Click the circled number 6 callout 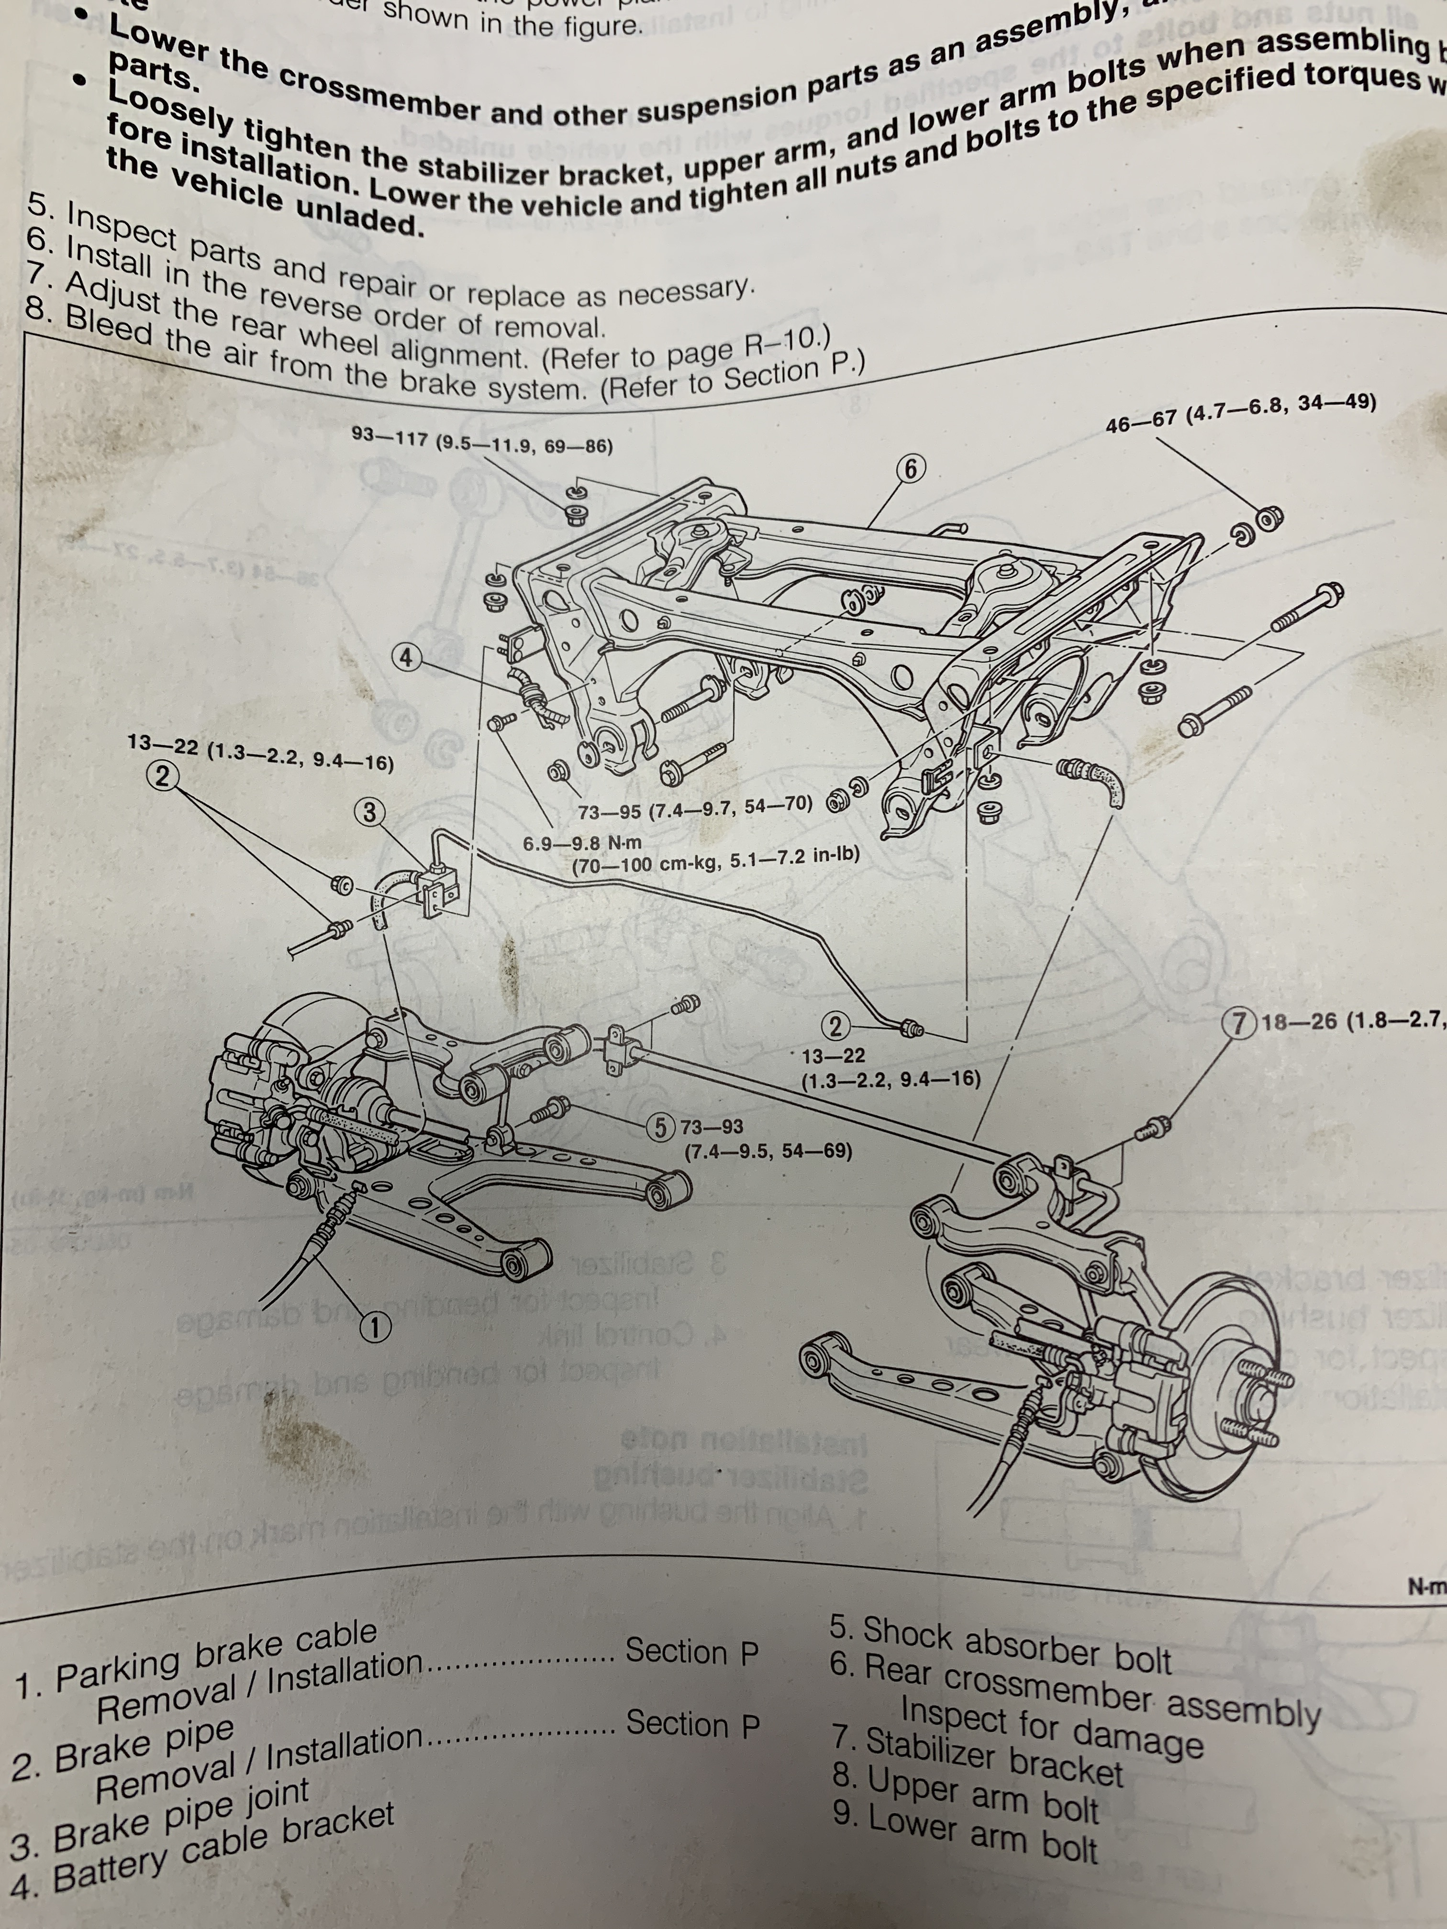coord(911,469)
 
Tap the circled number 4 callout coord(406,657)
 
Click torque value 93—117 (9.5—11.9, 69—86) coord(481,441)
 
